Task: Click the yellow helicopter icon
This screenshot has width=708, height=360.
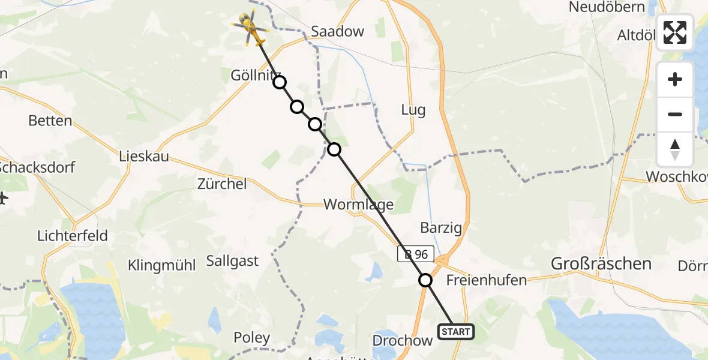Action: [250, 29]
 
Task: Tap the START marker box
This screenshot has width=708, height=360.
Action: [456, 332]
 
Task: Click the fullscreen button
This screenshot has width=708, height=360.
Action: [675, 32]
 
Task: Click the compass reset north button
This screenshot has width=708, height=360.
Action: [675, 149]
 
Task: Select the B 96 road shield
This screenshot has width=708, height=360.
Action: [415, 254]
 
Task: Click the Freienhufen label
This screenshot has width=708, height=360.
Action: [487, 280]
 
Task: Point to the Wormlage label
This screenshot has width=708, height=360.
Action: [358, 205]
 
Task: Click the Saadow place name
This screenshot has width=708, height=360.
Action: [337, 32]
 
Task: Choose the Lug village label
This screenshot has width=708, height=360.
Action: [413, 110]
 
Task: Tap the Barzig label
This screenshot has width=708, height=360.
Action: [441, 228]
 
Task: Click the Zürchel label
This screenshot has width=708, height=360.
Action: [222, 184]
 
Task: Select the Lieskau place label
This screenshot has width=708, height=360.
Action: [144, 158]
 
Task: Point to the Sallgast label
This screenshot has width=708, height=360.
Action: [232, 260]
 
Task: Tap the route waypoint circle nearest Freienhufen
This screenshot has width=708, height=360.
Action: [425, 280]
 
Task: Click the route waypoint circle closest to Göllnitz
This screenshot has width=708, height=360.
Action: [280, 83]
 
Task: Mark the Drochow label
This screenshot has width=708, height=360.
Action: [403, 341]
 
